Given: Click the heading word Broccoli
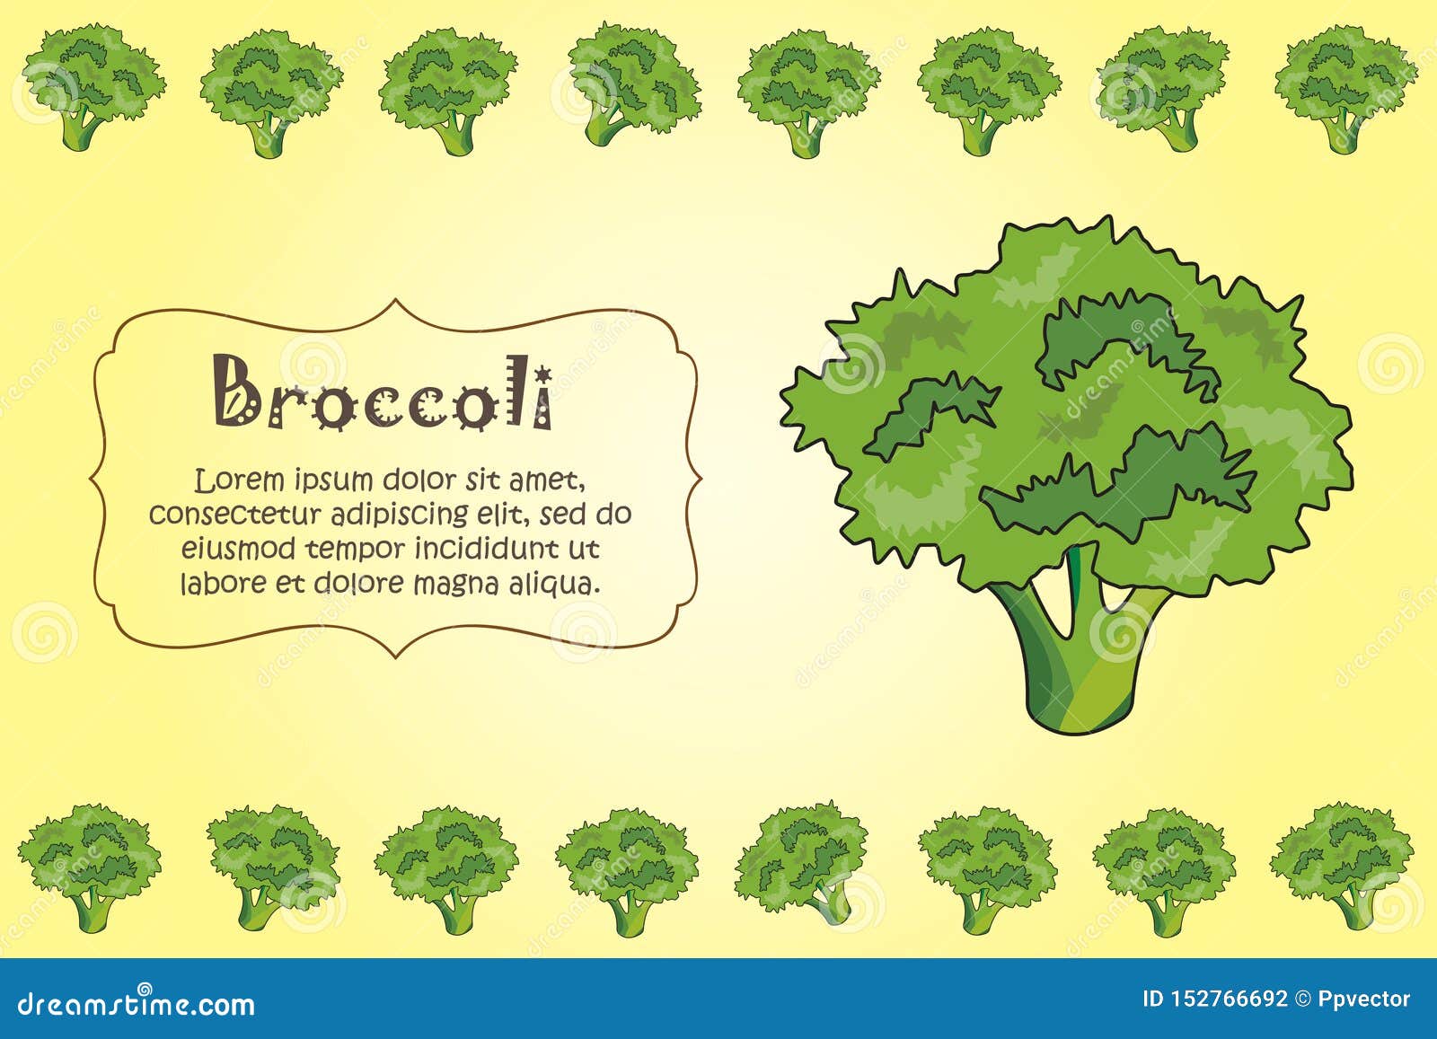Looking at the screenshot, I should pyautogui.click(x=383, y=392).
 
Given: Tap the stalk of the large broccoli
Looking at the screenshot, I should pyautogui.click(x=1078, y=656).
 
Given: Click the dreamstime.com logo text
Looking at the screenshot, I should pyautogui.click(x=137, y=1002).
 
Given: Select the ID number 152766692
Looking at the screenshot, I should pyautogui.click(x=1230, y=999).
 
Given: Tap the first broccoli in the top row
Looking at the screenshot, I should pyautogui.click(x=93, y=85).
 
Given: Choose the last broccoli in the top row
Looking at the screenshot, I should pyautogui.click(x=1344, y=88).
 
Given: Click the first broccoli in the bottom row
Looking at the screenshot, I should pyautogui.click(x=90, y=864).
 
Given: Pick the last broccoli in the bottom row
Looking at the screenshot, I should pyautogui.click(x=1342, y=864).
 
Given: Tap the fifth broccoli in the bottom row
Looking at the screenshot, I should pyautogui.click(x=801, y=862).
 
